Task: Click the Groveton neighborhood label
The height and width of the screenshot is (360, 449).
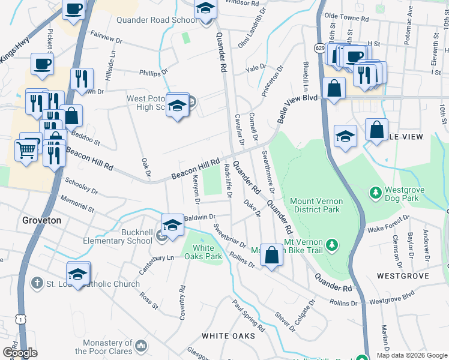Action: click(42, 220)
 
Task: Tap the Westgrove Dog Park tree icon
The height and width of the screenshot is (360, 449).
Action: click(375, 193)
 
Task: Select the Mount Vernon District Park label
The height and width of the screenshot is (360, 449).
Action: click(316, 205)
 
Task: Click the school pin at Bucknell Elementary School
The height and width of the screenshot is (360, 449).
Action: click(172, 226)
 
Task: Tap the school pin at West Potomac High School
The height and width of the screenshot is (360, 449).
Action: click(177, 106)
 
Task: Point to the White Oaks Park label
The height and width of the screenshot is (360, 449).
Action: click(203, 252)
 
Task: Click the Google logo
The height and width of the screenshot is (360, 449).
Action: click(20, 353)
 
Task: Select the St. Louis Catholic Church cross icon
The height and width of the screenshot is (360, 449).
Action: click(37, 283)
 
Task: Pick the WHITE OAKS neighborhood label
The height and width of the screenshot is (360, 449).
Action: click(228, 335)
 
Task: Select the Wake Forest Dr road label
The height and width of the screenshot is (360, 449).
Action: click(388, 223)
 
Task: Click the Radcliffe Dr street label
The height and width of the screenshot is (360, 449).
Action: click(228, 181)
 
